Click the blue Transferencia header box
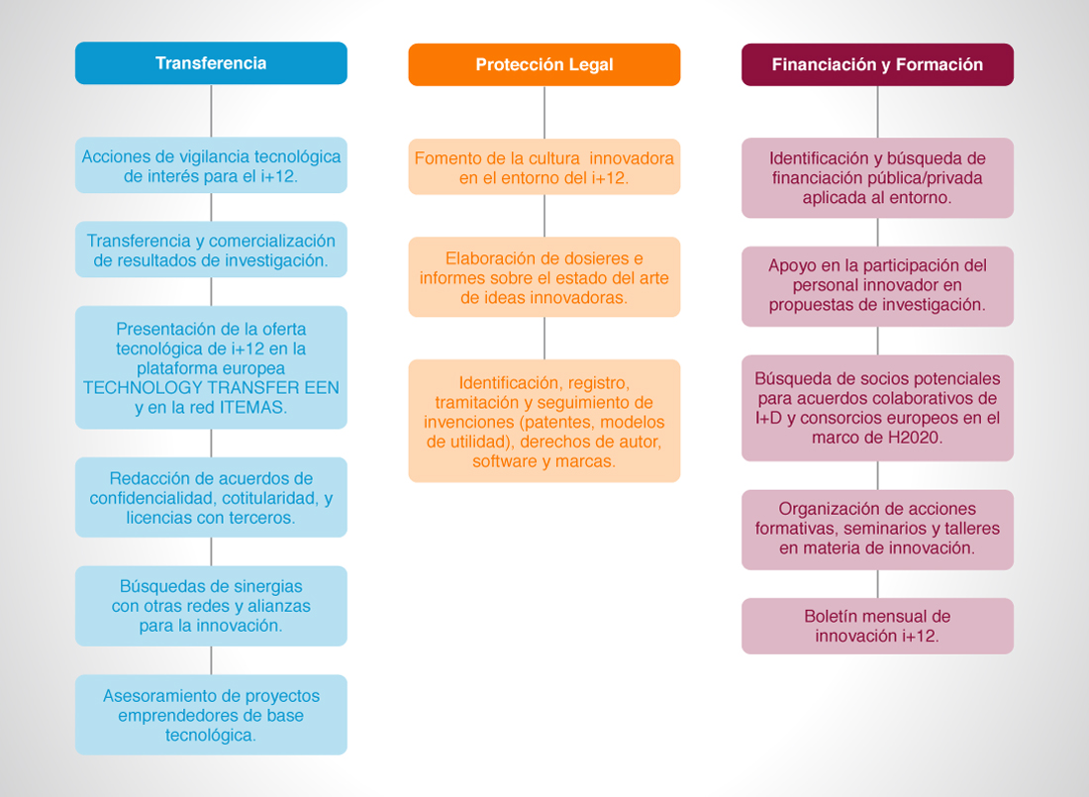pos(211,63)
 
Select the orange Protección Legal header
pos(544,64)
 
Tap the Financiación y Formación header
pos(878,64)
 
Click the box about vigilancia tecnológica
pos(211,165)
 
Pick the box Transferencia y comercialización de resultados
pos(211,249)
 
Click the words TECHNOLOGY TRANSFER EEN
pos(211,388)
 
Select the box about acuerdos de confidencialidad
pos(211,498)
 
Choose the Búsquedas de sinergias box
pos(211,606)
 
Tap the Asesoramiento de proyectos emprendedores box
pos(211,715)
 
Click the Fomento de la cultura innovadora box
pos(544,166)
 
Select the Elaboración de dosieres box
pos(544,277)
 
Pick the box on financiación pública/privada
pos(878,178)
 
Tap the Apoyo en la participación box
pos(878,286)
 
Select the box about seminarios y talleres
pos(878,530)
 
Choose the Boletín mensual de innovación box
pos(878,626)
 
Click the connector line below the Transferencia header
pos(211,111)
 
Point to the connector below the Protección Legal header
pos(544,113)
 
